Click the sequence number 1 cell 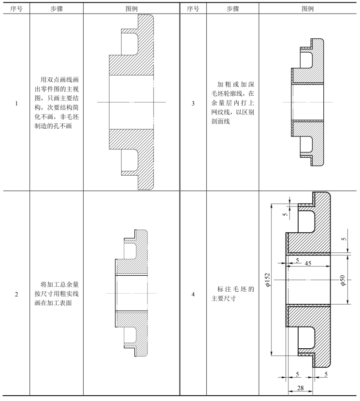16,103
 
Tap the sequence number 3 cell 193,103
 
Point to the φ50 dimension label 343,281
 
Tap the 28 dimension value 301,388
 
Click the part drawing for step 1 132,102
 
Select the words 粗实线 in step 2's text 66,294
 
